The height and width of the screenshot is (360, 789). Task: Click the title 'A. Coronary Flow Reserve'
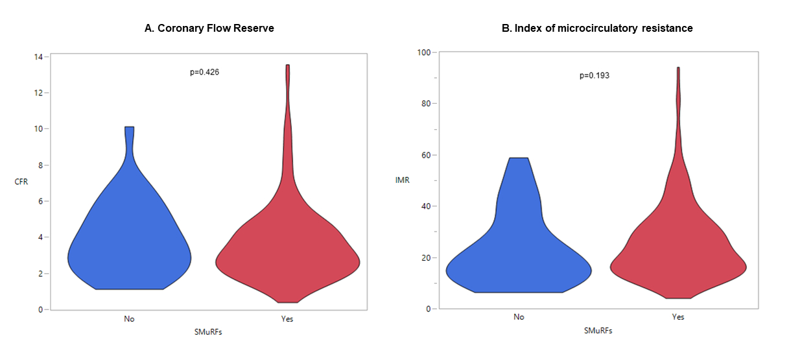coord(209,29)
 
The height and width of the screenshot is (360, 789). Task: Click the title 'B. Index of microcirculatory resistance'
coord(598,29)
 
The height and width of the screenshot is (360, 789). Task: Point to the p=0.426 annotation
coord(204,72)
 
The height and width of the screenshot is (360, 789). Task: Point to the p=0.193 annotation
coord(594,75)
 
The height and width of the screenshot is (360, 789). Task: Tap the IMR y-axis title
coord(403,180)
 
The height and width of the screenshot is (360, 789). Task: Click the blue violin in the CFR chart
coord(130,246)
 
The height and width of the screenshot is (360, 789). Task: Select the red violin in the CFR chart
coord(287,259)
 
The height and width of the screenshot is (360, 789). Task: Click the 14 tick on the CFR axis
coord(38,56)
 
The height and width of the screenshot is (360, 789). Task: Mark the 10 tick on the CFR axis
coord(38,128)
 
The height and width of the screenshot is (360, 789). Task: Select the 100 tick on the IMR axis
coord(424,52)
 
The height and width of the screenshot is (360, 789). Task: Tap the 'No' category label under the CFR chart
coord(130,319)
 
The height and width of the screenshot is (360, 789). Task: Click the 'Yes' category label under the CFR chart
coord(287,319)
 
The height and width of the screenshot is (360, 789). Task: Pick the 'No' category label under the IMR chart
coord(518,317)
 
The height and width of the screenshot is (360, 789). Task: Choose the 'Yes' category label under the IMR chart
coord(678,317)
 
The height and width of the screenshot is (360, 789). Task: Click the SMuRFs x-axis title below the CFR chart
coord(209,332)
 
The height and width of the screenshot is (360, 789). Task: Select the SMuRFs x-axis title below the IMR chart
coord(598,330)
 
